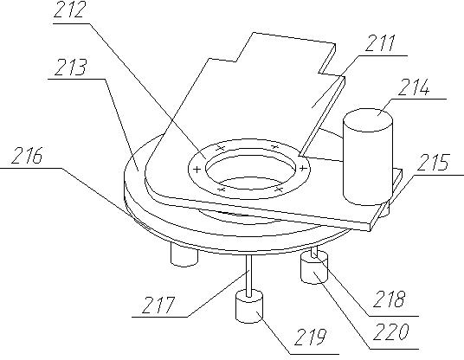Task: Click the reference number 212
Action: (x=70, y=10)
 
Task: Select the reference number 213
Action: (x=70, y=67)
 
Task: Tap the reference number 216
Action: (x=27, y=155)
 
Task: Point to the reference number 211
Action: (x=381, y=43)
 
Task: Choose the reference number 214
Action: (x=414, y=87)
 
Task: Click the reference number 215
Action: (x=433, y=163)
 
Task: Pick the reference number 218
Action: (x=389, y=299)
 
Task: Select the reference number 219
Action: (x=311, y=337)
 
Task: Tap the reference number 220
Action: (x=391, y=331)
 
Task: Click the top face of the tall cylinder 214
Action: (x=368, y=119)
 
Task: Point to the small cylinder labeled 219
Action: (x=249, y=306)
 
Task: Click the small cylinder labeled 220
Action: (x=314, y=268)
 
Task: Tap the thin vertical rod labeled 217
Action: (x=249, y=275)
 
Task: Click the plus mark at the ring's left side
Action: (x=197, y=170)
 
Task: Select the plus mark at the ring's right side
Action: (x=302, y=169)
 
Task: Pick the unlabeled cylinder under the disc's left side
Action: (x=184, y=255)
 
